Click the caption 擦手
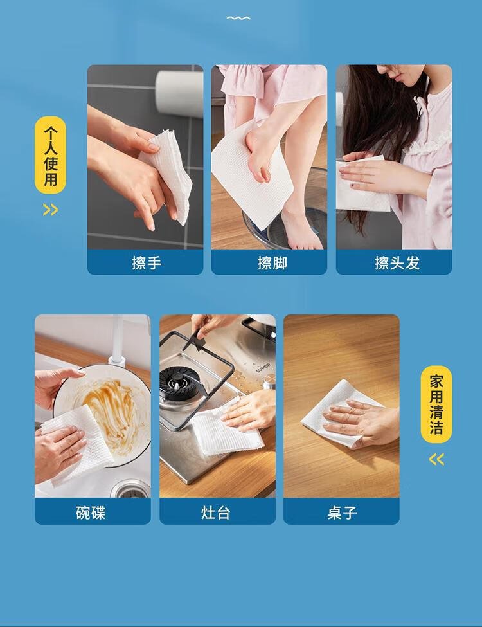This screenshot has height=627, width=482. click(x=147, y=263)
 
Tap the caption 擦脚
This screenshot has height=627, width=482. click(x=272, y=263)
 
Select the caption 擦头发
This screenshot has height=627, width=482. click(x=397, y=263)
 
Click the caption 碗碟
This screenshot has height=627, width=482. click(x=91, y=513)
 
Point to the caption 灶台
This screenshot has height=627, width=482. click(x=216, y=513)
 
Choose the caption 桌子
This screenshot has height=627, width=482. click(x=342, y=513)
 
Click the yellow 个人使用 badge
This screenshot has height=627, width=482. click(x=50, y=155)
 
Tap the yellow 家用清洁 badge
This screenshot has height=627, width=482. click(x=436, y=404)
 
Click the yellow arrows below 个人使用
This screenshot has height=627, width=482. click(x=50, y=210)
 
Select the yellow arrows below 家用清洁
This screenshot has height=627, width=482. click(x=436, y=459)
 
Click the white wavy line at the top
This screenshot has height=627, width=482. click(x=238, y=18)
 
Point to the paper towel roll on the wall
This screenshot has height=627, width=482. click(x=179, y=94)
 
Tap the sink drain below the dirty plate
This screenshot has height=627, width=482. click(x=130, y=489)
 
